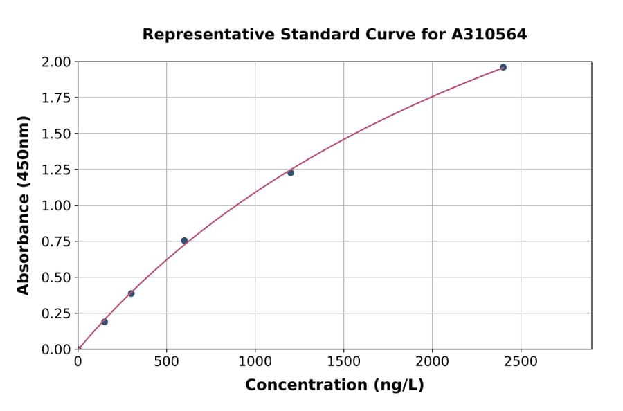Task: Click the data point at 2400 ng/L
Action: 503,67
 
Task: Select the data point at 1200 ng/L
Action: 291,173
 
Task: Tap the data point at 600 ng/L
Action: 184,241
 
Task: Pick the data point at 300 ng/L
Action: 131,293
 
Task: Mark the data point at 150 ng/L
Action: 105,322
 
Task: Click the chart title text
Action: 334,35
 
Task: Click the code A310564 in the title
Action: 489,35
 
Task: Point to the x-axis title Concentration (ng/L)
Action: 334,385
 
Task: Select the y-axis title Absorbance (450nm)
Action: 24,205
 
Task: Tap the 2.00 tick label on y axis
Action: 56,62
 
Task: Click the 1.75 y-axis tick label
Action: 56,98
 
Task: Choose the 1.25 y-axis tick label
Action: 56,170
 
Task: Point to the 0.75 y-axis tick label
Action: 56,241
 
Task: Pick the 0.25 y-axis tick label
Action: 56,313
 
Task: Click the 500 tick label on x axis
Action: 166,361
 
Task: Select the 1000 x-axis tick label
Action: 255,361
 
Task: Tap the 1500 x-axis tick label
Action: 343,361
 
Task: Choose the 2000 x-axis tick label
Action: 432,361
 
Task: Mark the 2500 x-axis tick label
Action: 521,361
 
